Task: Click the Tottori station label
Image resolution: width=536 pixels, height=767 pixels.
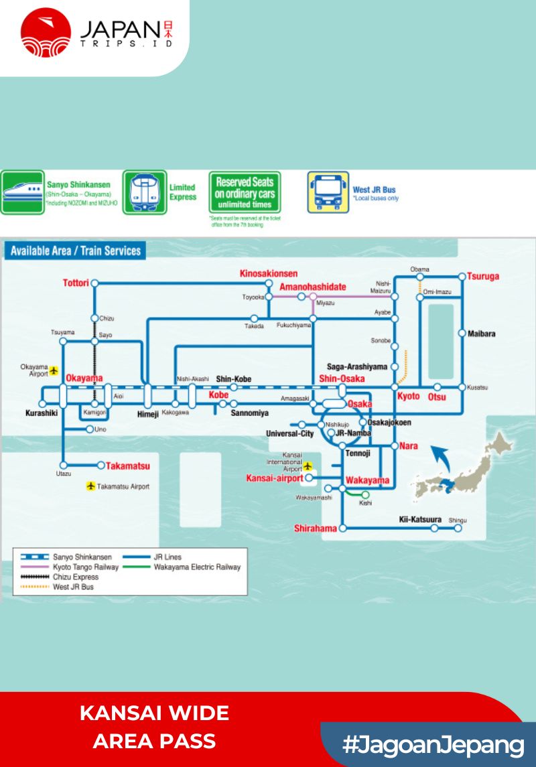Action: click(x=76, y=283)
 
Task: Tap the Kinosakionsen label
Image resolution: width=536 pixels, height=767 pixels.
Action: click(x=269, y=273)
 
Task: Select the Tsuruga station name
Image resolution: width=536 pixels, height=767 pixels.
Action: click(x=483, y=276)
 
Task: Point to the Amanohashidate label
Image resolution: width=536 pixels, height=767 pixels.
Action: click(x=313, y=287)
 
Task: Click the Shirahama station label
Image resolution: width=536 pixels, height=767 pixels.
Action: click(x=315, y=529)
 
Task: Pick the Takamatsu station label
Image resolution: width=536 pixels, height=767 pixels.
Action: click(x=128, y=466)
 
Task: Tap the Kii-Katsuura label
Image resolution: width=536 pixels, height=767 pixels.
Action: click(x=420, y=518)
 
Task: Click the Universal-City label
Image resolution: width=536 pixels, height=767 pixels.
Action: click(x=289, y=434)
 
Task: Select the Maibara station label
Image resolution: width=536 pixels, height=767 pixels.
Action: click(x=482, y=333)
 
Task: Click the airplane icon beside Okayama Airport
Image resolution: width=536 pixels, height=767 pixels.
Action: click(x=55, y=370)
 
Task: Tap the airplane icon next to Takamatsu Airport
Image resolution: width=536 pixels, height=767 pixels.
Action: click(x=91, y=486)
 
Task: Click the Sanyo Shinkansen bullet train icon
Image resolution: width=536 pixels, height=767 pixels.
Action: click(x=22, y=192)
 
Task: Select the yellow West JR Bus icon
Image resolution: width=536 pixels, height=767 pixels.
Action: click(x=328, y=192)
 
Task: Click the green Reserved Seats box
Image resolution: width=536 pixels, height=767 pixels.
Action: click(x=245, y=192)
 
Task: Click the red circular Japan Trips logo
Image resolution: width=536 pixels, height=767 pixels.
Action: click(x=46, y=32)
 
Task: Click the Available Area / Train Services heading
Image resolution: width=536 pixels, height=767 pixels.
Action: click(x=76, y=251)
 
